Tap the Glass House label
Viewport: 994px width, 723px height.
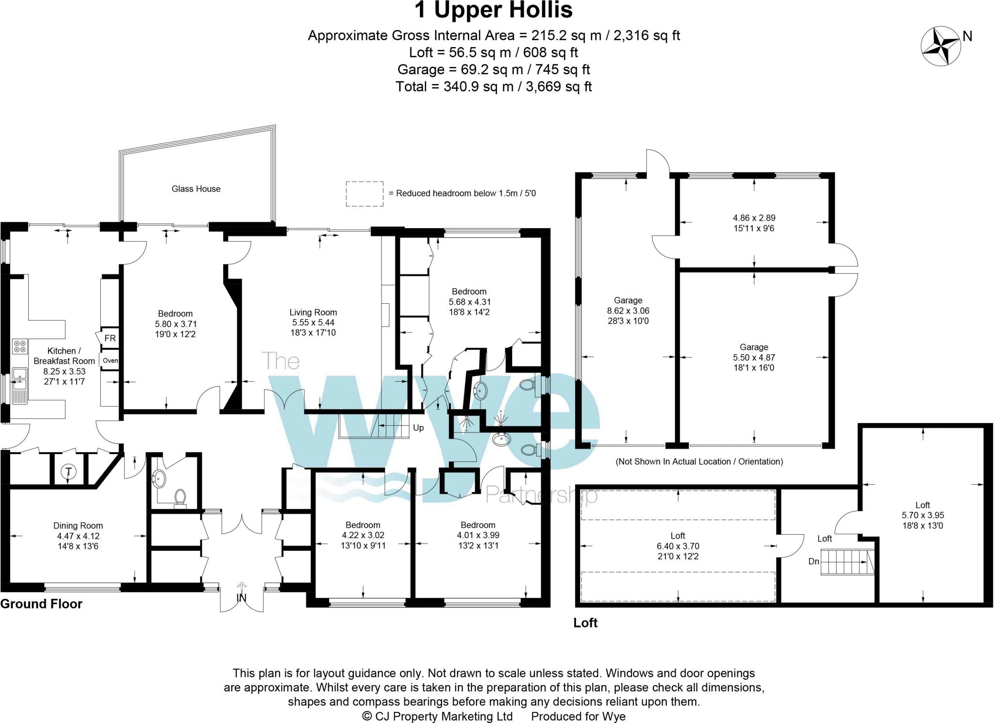coord(196,189)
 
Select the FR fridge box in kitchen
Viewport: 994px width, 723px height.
coord(110,338)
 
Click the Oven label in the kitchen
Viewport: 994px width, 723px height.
coord(110,361)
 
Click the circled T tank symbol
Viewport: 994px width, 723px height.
coord(69,471)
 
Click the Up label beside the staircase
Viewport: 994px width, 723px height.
coord(418,427)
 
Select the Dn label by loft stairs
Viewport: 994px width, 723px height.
coord(814,561)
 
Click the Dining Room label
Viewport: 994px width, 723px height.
coord(78,526)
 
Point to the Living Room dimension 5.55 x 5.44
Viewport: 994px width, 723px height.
coord(313,323)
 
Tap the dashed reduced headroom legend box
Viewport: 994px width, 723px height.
coord(364,194)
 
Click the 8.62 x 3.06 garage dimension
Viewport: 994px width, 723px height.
coord(628,311)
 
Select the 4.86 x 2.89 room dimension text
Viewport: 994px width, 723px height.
coord(754,218)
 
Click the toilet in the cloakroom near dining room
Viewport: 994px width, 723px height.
coord(180,498)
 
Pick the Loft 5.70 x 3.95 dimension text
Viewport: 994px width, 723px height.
coord(923,515)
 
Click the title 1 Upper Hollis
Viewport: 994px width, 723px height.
coord(494,10)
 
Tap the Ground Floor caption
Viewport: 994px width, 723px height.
coord(41,604)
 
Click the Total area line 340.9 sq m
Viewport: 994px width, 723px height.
coord(494,86)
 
